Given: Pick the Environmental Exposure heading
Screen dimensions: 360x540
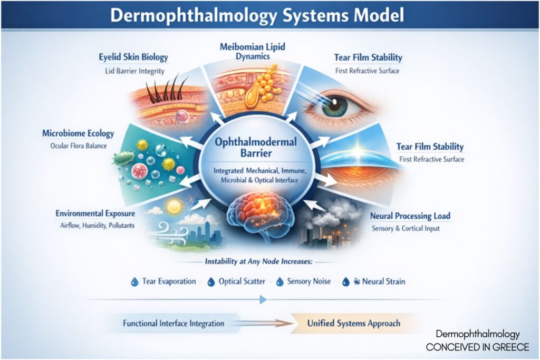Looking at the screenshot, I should [x=95, y=213].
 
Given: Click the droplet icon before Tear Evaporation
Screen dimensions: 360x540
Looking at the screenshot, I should [x=134, y=281].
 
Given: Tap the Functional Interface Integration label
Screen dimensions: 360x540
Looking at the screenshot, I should [x=173, y=323].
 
